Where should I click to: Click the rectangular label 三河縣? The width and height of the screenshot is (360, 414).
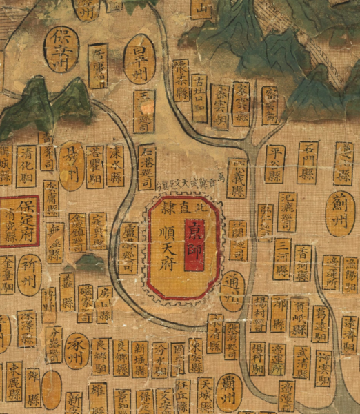pos(281,259)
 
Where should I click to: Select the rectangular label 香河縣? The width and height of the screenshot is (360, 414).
pos(303,263)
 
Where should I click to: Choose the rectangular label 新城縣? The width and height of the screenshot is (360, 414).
pos(140,358)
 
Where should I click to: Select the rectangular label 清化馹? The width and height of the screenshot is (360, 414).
pos(27,163)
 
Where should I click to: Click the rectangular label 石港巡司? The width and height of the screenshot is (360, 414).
pos(147,166)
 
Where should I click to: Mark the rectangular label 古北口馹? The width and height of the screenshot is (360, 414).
pos(199,97)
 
